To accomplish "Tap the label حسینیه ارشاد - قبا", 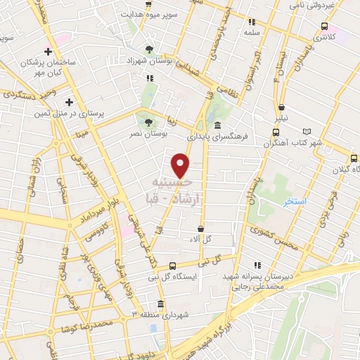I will [x=181, y=191].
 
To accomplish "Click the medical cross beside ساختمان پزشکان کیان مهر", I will [x=48, y=51].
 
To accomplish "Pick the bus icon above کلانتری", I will [x=323, y=26].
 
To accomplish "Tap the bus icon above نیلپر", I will [x=282, y=108].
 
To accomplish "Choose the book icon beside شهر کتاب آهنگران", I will [x=306, y=131].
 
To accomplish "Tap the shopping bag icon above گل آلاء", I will [x=201, y=229].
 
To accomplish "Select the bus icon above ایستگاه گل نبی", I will [x=172, y=265].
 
